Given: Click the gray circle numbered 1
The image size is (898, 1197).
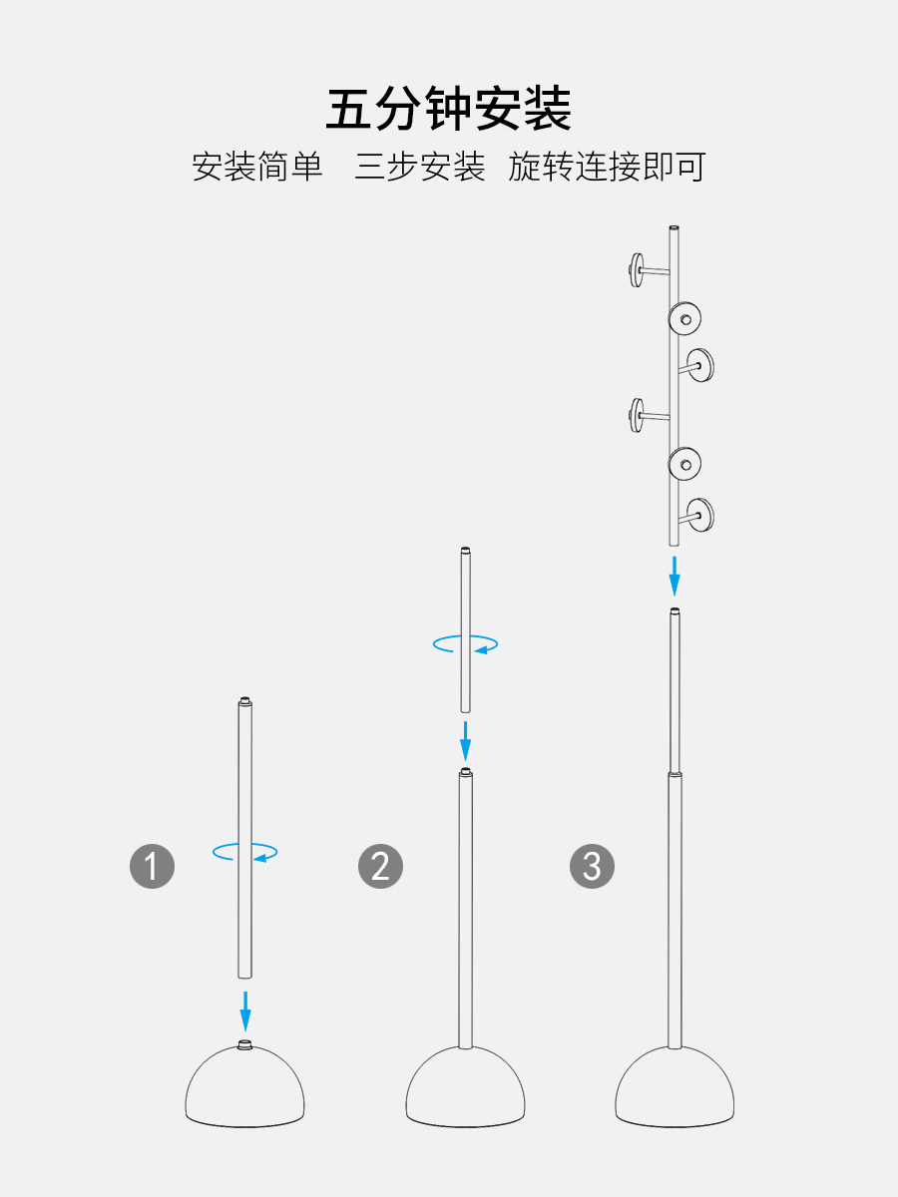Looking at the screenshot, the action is pyautogui.click(x=152, y=866).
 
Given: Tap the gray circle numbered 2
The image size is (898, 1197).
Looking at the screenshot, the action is pyautogui.click(x=380, y=866).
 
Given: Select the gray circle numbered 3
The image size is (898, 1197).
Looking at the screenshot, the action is pyautogui.click(x=592, y=866).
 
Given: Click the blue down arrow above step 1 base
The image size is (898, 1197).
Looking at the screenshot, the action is pyautogui.click(x=245, y=1010).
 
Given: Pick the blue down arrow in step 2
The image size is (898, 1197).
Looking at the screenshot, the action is pyautogui.click(x=465, y=741).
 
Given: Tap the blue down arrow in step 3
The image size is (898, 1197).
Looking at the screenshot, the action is pyautogui.click(x=674, y=576).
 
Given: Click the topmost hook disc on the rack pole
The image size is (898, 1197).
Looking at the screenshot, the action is pyautogui.click(x=637, y=270).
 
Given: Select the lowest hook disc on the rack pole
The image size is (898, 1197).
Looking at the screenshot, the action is pyautogui.click(x=700, y=515).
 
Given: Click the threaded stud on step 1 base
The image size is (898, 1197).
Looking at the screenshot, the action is pyautogui.click(x=244, y=1044).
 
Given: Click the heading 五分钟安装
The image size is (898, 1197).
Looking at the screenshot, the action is pyautogui.click(x=449, y=109).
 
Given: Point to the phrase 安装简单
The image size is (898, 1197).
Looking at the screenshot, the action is pyautogui.click(x=257, y=167).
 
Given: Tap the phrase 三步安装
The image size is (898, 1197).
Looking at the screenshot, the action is pyautogui.click(x=420, y=167).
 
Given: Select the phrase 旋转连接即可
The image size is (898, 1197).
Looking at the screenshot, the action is pyautogui.click(x=607, y=167).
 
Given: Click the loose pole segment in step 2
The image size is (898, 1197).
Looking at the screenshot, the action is pyautogui.click(x=465, y=629).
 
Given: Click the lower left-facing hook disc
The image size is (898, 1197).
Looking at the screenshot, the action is pyautogui.click(x=637, y=415).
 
